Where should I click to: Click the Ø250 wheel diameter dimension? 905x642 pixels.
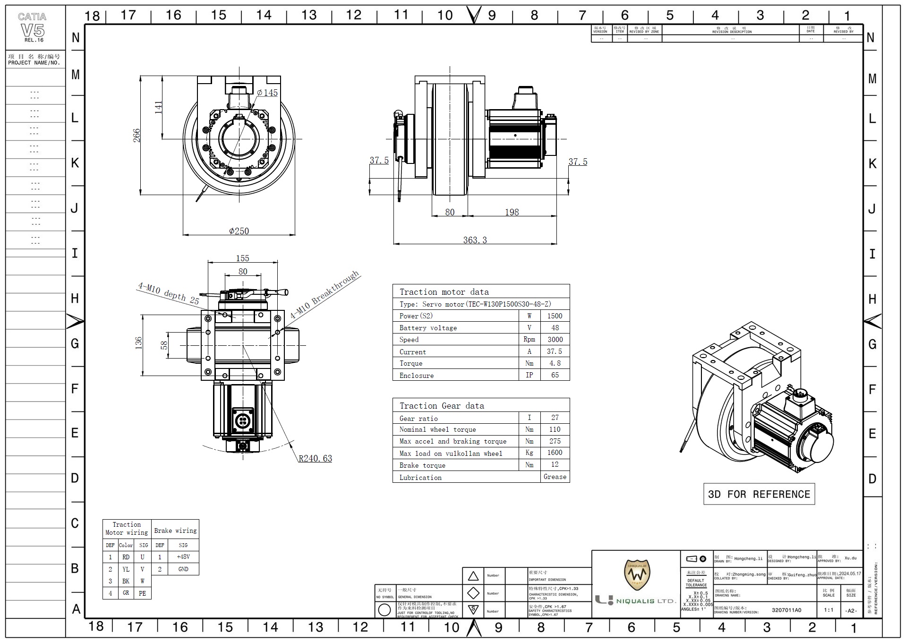tap(239, 231)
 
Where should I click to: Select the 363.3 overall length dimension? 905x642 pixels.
tap(475, 240)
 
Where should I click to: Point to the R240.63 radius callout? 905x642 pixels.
tap(315, 458)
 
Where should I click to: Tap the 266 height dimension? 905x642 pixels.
tap(137, 135)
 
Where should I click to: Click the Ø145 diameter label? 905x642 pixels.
tap(267, 93)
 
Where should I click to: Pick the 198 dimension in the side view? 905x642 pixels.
tap(512, 212)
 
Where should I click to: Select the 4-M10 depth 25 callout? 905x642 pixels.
tap(169, 293)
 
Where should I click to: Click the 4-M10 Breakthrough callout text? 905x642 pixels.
tap(324, 294)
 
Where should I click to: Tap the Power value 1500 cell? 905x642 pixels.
tap(555, 316)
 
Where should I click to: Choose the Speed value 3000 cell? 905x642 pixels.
tap(555, 340)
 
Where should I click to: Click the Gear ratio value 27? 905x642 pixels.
tap(555, 418)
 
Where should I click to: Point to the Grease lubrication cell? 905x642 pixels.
tap(555, 477)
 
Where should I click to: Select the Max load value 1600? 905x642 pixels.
tap(555, 453)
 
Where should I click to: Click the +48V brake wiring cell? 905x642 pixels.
tap(183, 557)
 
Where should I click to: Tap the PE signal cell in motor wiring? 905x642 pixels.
tap(142, 593)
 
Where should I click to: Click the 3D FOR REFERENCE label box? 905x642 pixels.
tap(759, 494)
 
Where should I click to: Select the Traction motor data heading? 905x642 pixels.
tap(444, 292)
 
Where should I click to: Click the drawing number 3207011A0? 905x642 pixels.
tap(786, 610)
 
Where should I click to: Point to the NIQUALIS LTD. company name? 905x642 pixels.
tap(646, 601)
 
